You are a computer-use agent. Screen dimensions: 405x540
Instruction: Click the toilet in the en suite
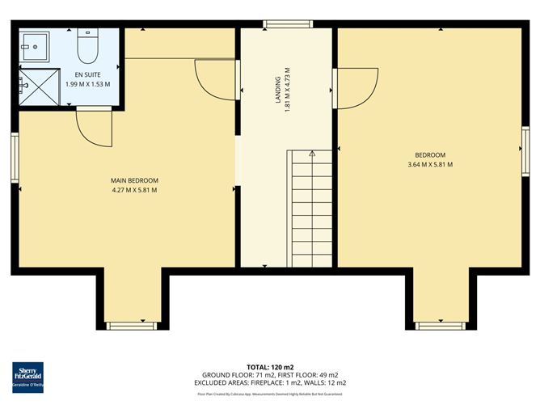[x=88, y=47]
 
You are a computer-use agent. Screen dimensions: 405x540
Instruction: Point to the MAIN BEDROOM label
[x=134, y=180]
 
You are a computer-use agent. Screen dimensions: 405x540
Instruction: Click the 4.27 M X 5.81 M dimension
[x=134, y=191]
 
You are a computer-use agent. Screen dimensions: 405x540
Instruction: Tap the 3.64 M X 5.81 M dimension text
[x=430, y=165]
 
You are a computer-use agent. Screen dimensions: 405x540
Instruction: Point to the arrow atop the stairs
[x=311, y=153]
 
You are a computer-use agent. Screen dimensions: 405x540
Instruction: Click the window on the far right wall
[x=525, y=150]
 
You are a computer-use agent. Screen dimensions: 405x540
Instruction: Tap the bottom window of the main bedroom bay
[x=130, y=326]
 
